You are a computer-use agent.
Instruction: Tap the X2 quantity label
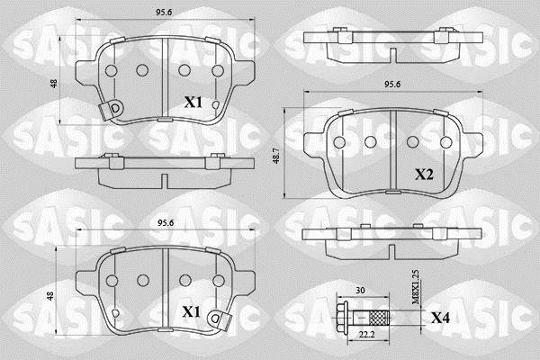pyautogui.click(x=424, y=175)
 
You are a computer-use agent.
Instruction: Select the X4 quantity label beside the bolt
pyautogui.click(x=440, y=319)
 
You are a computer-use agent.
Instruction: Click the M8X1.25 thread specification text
pyautogui.click(x=416, y=287)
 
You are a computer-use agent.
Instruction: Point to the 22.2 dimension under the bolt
pyautogui.click(x=367, y=335)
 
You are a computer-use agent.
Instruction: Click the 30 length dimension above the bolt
pyautogui.click(x=360, y=291)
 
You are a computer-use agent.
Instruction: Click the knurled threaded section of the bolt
pyautogui.click(x=379, y=318)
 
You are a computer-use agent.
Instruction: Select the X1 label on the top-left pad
pyautogui.click(x=193, y=103)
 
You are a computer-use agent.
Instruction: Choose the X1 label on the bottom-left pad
pyautogui.click(x=191, y=312)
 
